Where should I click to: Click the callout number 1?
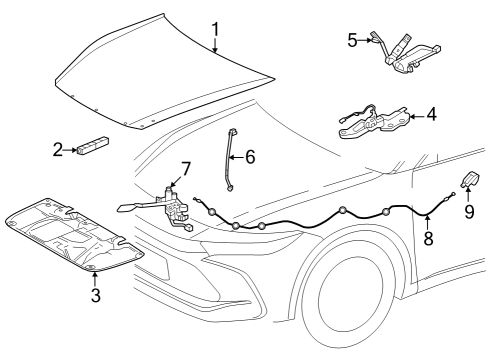tap(216, 28)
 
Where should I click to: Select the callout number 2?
tap(58, 150)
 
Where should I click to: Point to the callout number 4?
tap(432, 115)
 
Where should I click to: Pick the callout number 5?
tap(352, 40)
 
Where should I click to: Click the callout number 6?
tap(250, 156)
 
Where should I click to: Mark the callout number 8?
tap(428, 240)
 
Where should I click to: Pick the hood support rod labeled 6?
tap(235, 158)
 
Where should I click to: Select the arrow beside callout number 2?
tap(72, 150)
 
